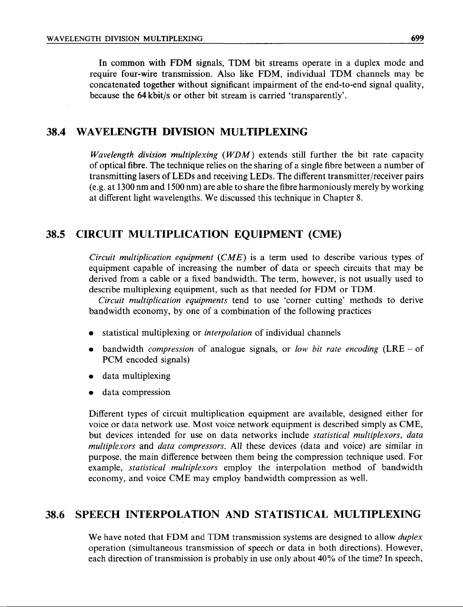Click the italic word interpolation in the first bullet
(x=228, y=333)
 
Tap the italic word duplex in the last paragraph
(x=410, y=538)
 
